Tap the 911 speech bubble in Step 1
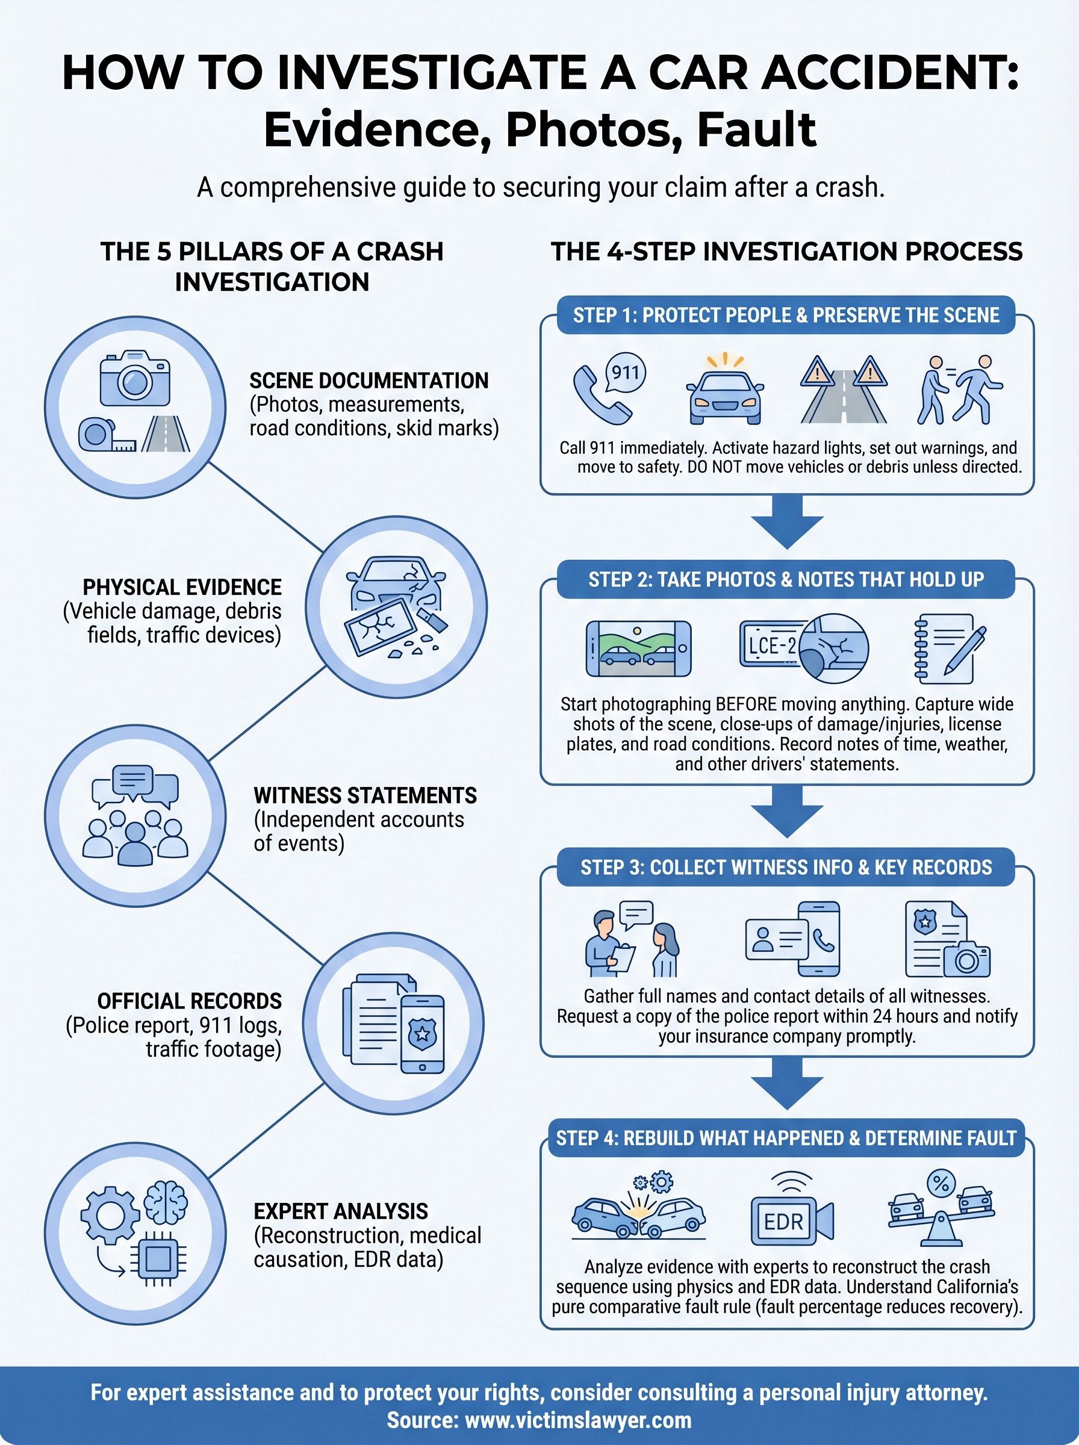[625, 373]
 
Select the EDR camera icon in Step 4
[791, 1220]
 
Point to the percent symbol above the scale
[941, 1182]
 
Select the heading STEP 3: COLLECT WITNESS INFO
[786, 867]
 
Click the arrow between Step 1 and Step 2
[786, 522]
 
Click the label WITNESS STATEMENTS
[364, 795]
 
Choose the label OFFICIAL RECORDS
[190, 1001]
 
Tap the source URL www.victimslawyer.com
[578, 1420]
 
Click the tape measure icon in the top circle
[107, 435]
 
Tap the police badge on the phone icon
[422, 1034]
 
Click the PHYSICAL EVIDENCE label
[182, 587]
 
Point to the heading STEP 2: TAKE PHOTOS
[786, 579]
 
